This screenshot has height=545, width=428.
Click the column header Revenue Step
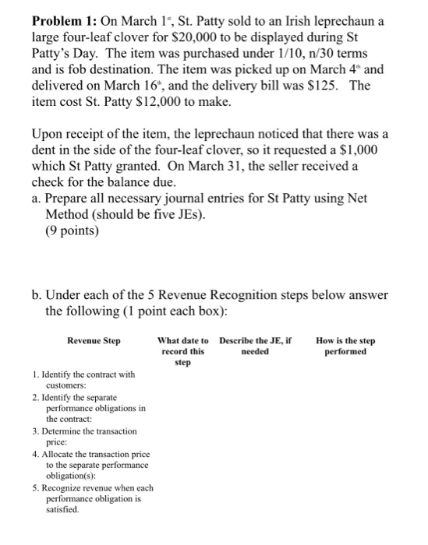point(94,340)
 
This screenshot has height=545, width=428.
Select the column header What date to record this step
point(182,351)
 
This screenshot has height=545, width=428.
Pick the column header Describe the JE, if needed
point(255,346)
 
